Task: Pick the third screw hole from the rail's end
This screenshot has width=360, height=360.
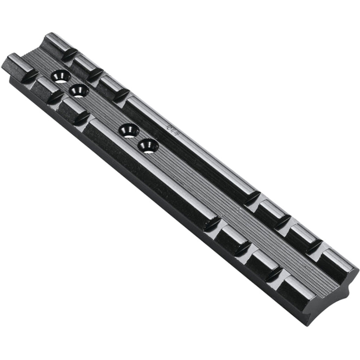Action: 129,130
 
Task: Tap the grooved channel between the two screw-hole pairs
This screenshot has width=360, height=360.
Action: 102,109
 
